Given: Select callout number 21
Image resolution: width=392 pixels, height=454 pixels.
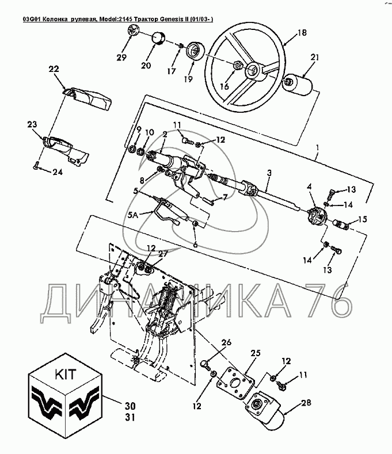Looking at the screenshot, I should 314,56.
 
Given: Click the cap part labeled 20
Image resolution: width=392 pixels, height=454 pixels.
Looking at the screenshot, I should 158,41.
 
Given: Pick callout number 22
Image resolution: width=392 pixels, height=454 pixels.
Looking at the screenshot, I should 54,68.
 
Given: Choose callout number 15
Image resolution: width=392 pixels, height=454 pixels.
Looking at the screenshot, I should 363,219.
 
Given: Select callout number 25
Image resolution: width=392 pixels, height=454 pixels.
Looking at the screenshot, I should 255,352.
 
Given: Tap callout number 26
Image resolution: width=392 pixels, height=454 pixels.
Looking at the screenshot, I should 226,343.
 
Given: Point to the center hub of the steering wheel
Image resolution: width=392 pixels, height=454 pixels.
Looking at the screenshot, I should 252,72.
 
